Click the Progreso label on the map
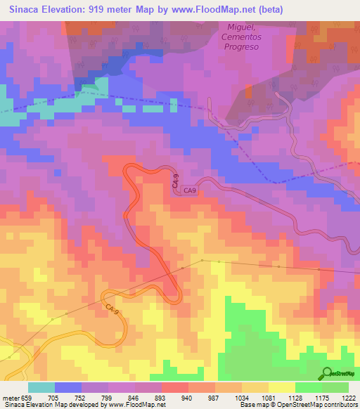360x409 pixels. pyautogui.click(x=242, y=46)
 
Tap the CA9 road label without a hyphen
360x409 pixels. pyautogui.click(x=191, y=190)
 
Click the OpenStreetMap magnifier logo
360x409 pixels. pyautogui.click(x=327, y=373)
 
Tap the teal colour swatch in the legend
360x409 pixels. pyautogui.click(x=41, y=387)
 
